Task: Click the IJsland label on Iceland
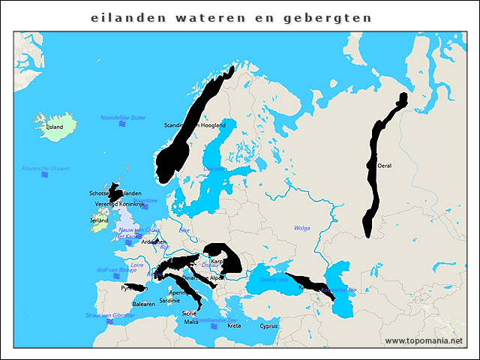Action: click(55, 127)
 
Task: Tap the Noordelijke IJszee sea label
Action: click(123, 118)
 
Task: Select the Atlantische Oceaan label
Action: click(45, 169)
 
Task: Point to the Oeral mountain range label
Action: click(385, 166)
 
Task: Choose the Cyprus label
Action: click(268, 326)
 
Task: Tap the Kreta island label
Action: click(234, 326)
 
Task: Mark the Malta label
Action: click(192, 322)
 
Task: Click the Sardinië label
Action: click(169, 301)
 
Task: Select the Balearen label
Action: click(143, 304)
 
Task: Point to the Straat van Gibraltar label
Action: click(110, 316)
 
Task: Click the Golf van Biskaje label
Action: click(113, 270)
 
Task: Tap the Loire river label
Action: click(136, 265)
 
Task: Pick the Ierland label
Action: click(99, 221)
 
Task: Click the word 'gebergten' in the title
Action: click(334, 17)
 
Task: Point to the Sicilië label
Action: click(189, 313)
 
